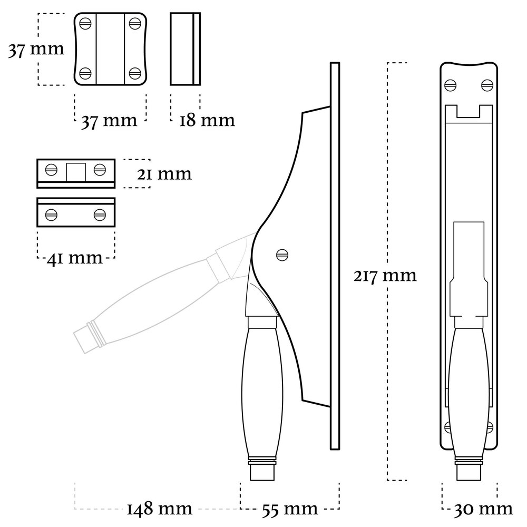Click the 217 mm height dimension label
[x=385, y=275]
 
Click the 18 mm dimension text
[x=207, y=120]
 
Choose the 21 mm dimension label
[x=164, y=173]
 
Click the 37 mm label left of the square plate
[x=36, y=50]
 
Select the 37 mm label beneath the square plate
[x=109, y=120]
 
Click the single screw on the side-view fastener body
[x=282, y=255]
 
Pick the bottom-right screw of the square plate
[x=135, y=73]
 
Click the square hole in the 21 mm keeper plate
[x=75, y=170]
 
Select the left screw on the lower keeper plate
[x=51, y=214]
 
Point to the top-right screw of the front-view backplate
[x=487, y=84]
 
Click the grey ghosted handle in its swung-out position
[x=153, y=306]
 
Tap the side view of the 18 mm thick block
[x=185, y=48]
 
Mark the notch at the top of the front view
[x=469, y=112]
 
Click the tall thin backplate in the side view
[x=334, y=256]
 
